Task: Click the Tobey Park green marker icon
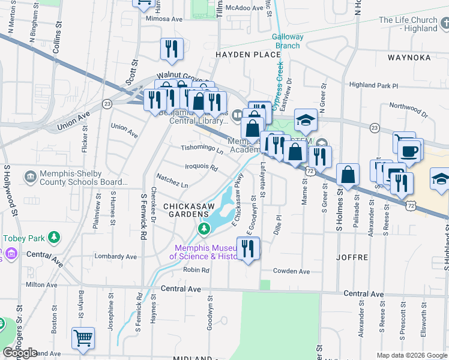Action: click(x=55, y=238)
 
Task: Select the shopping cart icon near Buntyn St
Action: click(x=83, y=337)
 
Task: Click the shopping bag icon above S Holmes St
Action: click(x=348, y=175)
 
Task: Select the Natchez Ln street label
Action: click(x=172, y=178)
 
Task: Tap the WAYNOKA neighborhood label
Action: click(x=409, y=58)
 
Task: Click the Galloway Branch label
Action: click(x=288, y=41)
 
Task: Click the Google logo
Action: click(x=20, y=352)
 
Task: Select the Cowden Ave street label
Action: click(x=291, y=271)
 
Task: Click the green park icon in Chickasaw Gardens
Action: click(x=204, y=229)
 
